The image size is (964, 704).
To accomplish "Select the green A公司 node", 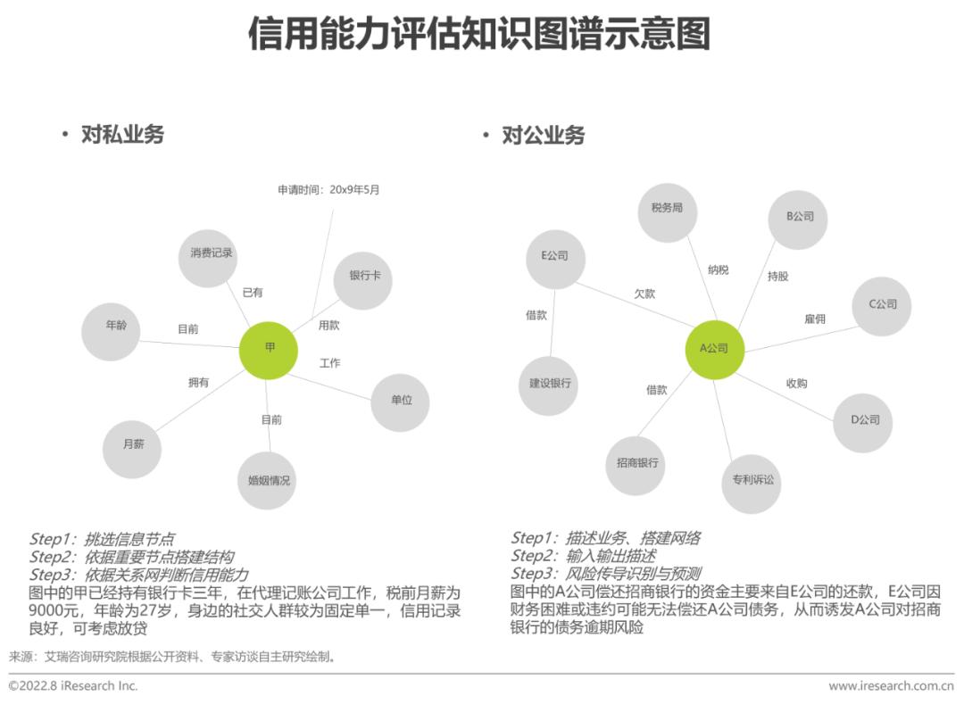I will coord(714,349).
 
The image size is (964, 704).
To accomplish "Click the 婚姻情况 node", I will coord(269,481).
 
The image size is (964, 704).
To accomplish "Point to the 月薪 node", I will coord(132,444).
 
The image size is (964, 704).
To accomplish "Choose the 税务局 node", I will coord(667,209).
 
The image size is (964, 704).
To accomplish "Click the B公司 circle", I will coord(799,217).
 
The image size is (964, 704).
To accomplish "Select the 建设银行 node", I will coord(549,384).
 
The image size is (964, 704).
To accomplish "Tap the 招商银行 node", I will coord(636,464).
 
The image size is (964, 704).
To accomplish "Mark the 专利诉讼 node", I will coord(752,480).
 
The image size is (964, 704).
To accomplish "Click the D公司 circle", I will coord(863,420).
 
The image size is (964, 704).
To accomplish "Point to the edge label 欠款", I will coord(644,293).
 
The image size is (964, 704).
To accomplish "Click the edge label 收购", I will coord(796,383).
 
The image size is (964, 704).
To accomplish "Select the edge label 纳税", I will coord(718,269).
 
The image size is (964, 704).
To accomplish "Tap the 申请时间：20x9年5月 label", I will coord(328,189).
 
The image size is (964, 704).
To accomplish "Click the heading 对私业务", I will coord(122,135).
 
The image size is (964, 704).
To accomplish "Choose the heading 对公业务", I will coord(543,135).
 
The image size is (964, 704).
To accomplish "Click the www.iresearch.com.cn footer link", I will coord(891,685).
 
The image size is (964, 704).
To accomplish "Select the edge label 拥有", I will coord(198,383).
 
